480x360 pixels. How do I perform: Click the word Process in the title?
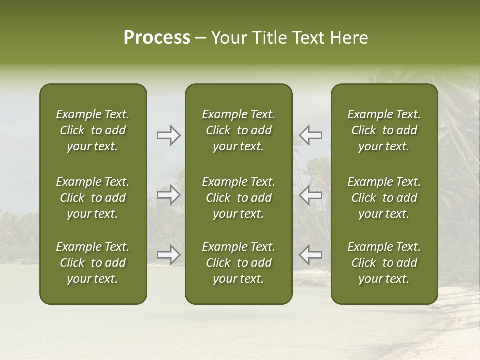pyautogui.click(x=157, y=38)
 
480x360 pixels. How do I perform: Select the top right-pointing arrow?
pyautogui.click(x=169, y=135)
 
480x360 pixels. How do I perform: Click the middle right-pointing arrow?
pyautogui.click(x=169, y=195)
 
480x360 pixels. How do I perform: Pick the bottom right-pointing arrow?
pyautogui.click(x=169, y=255)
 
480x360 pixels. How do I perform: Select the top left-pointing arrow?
pyautogui.click(x=310, y=135)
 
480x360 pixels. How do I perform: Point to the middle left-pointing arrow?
pyautogui.click(x=310, y=195)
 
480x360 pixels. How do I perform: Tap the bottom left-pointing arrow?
pyautogui.click(x=310, y=255)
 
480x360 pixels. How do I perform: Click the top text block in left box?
pyautogui.click(x=93, y=130)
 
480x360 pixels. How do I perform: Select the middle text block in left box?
pyautogui.click(x=93, y=198)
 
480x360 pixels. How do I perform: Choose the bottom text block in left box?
pyautogui.click(x=93, y=263)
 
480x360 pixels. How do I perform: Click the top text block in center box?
pyautogui.click(x=239, y=130)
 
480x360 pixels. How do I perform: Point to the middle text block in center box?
pyautogui.click(x=239, y=198)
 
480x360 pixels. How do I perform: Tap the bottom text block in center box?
pyautogui.click(x=239, y=263)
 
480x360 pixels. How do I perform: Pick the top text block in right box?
pyautogui.click(x=384, y=130)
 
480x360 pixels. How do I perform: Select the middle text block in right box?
pyautogui.click(x=384, y=198)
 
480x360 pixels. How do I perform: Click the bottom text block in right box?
pyautogui.click(x=384, y=263)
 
